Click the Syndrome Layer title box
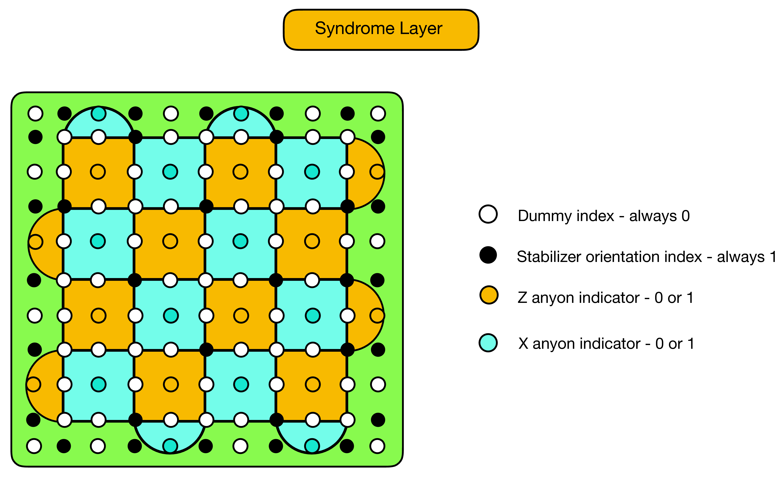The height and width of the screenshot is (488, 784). click(381, 30)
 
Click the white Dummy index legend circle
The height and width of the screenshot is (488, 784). click(488, 214)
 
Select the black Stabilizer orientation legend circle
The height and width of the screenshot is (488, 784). click(488, 255)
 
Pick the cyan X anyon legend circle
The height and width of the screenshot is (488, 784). click(488, 343)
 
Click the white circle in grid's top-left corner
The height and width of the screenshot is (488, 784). click(36, 114)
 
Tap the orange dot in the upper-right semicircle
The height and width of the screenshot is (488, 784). click(377, 172)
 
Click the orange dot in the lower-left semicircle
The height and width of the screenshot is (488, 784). click(33, 384)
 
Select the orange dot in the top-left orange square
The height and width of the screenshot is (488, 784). click(98, 172)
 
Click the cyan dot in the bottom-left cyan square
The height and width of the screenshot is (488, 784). click(99, 384)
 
